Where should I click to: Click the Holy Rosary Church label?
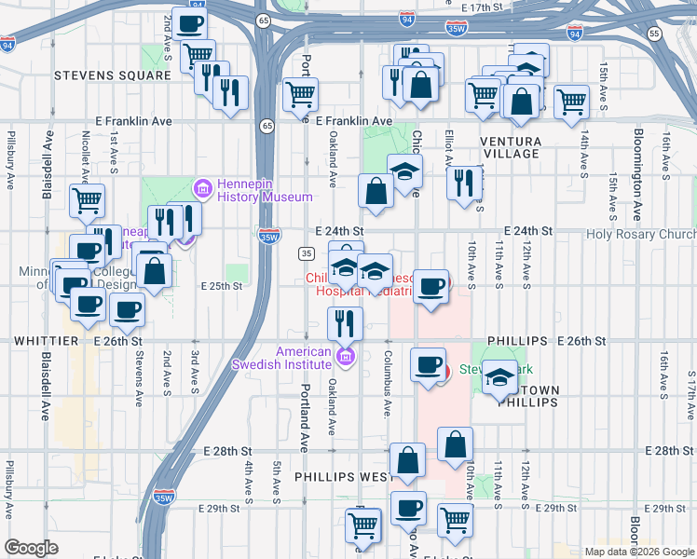pos(641,236)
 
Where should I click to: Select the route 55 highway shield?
pos(655,34)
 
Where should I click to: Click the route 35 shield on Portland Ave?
pos(306,253)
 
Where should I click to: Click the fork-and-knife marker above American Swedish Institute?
pos(345,322)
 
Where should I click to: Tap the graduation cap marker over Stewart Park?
pos(499,376)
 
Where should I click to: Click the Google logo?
pos(32,548)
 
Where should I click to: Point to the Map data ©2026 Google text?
pos(638,552)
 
